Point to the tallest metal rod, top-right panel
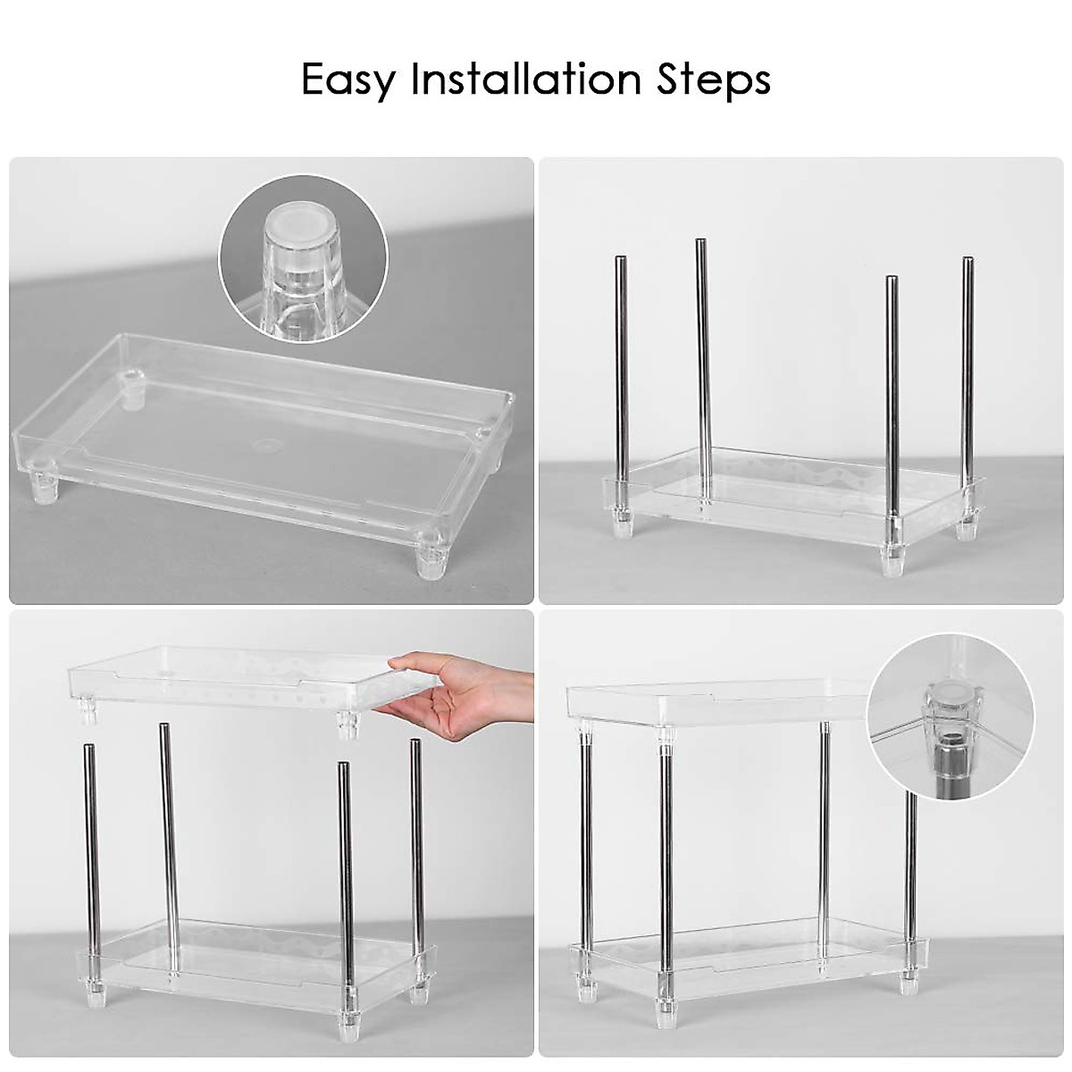tap(703, 357)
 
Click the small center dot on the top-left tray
tap(265, 440)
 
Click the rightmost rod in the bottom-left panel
tap(415, 849)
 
